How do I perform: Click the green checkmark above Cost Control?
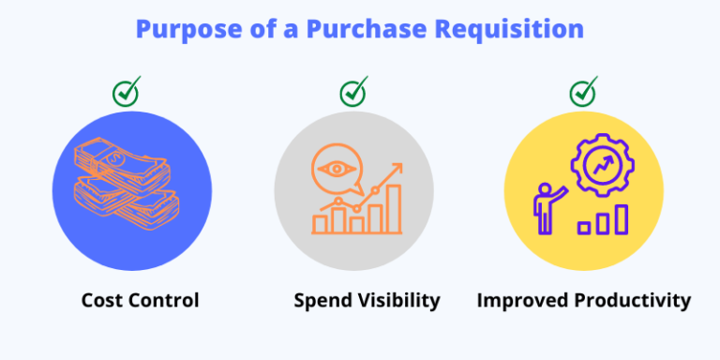[126, 93]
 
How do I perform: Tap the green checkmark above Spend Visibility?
[352, 93]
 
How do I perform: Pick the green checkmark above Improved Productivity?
[583, 93]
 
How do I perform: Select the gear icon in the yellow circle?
[602, 166]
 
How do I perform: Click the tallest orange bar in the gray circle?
[394, 208]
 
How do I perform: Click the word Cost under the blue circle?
[101, 301]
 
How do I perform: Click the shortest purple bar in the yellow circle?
[583, 227]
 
